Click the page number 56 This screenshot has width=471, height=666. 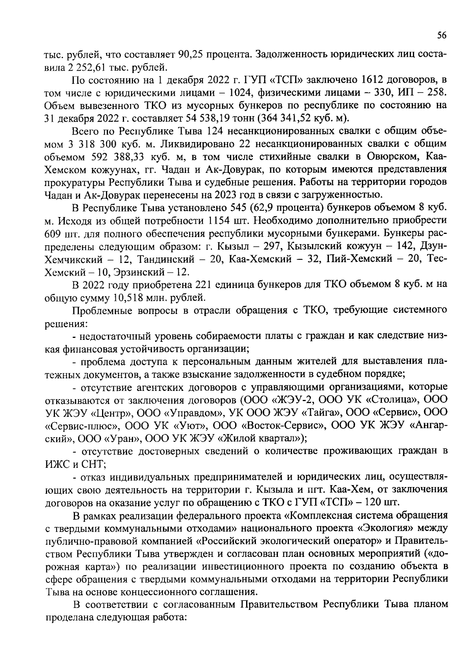pos(442,35)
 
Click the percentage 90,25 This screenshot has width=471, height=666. pos(190,54)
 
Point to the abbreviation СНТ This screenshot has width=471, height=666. pos(93,464)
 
